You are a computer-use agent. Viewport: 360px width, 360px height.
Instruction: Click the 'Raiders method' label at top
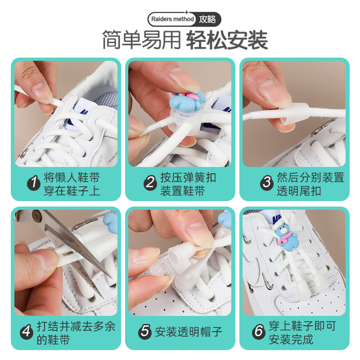coord(172,19)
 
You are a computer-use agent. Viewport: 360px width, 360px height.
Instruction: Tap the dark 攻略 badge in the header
coord(207,19)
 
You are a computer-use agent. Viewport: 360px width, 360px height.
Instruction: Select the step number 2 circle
coord(150,183)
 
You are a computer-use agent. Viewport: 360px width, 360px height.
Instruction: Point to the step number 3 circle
coord(267,183)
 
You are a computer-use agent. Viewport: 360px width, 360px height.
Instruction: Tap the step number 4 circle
coord(27,332)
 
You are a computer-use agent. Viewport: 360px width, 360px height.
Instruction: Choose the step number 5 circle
coord(145,332)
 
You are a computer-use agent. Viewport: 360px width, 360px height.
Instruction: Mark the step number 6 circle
coord(259,332)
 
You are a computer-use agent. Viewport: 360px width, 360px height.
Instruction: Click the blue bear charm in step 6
coord(286,238)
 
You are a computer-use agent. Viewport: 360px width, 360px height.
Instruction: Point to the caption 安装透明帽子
coord(188,332)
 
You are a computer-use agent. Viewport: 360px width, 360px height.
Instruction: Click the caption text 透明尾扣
coord(299,191)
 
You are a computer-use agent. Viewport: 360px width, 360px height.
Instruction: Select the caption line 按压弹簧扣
coord(188,177)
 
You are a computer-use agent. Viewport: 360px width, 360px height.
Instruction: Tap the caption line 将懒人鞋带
coord(72,177)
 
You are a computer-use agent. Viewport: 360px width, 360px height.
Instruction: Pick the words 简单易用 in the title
coord(141,40)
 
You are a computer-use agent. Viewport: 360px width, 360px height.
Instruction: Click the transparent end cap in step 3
coord(297,113)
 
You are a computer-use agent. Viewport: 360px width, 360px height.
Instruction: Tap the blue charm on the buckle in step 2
coord(187,102)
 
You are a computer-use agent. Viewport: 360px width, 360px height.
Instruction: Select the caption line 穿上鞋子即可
coord(302,326)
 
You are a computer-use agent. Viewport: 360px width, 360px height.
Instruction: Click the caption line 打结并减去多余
coord(76,326)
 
